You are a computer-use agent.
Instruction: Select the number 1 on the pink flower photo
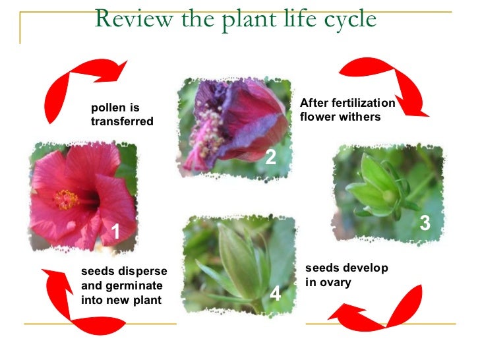115,231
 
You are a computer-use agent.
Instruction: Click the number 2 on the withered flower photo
270,157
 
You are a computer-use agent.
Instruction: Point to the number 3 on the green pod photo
425,224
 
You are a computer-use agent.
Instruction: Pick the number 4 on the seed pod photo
276,294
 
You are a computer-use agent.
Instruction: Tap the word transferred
122,121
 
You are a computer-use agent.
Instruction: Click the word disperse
143,272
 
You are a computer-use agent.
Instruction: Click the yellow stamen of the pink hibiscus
67,198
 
